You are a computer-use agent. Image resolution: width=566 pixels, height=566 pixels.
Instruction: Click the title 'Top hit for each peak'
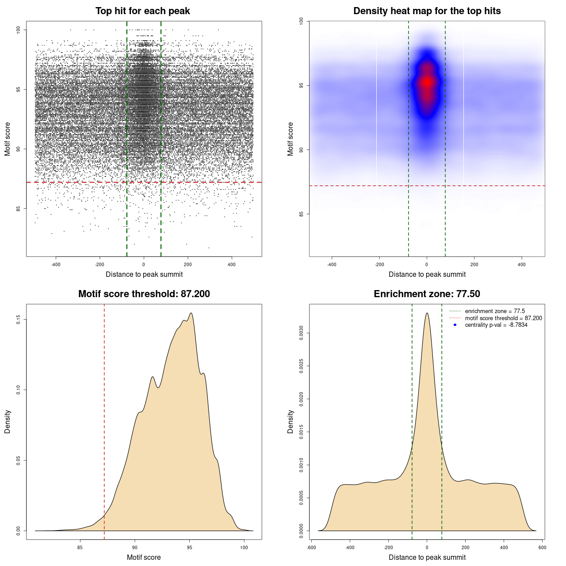point(142,11)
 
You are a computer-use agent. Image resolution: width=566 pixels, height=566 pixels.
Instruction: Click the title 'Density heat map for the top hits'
point(427,11)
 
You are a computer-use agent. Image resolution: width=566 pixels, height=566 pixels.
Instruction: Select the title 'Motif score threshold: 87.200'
point(144,294)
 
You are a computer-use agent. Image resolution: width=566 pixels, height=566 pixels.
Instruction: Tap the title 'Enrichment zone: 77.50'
point(427,294)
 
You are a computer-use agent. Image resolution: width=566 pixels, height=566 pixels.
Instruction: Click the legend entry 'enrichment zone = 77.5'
point(495,311)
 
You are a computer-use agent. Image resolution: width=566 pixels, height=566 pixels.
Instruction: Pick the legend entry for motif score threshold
point(503,318)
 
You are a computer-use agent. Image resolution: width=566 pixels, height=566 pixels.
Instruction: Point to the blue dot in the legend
point(455,325)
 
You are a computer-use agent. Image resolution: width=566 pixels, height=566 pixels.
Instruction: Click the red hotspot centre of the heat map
point(427,82)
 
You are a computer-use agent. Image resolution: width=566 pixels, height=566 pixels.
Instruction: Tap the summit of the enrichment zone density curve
point(427,313)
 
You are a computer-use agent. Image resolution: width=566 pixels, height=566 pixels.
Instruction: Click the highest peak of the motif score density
point(191,313)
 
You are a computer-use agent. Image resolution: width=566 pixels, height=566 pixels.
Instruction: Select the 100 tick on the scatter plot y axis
point(19,30)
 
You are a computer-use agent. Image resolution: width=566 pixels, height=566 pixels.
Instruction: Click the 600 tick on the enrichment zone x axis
point(542,547)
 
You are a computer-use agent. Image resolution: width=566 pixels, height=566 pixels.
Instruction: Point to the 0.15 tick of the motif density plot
point(19,319)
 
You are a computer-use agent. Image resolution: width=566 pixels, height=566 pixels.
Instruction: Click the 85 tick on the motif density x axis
point(80,547)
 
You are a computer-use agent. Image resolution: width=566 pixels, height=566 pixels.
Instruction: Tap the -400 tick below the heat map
point(332,264)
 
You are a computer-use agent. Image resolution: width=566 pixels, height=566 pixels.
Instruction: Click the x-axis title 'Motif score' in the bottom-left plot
point(144,557)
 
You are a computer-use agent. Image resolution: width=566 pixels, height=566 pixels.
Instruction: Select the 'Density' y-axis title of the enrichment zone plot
point(291,421)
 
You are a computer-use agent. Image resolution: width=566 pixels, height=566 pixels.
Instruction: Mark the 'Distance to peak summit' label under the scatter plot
point(144,274)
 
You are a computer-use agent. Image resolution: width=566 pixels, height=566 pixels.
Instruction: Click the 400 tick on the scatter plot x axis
point(232,264)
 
